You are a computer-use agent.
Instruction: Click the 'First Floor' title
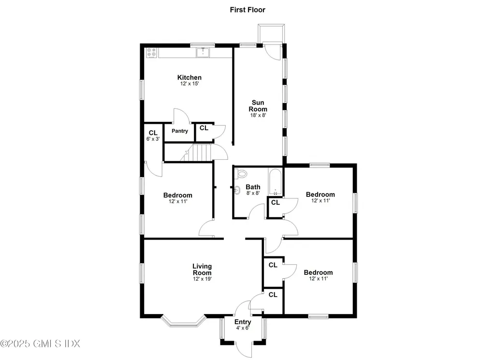point(247,10)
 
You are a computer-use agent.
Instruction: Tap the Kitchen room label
point(189,77)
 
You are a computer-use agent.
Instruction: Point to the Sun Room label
point(259,105)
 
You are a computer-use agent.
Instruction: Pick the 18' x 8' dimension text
point(259,116)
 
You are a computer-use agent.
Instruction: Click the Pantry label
point(179,131)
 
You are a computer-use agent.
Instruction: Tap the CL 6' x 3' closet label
point(153,135)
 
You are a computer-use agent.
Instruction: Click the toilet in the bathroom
point(241,173)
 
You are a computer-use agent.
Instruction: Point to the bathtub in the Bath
point(275,182)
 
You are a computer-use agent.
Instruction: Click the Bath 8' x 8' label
point(253,190)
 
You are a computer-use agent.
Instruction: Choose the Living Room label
point(202,269)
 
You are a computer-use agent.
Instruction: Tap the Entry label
point(243,322)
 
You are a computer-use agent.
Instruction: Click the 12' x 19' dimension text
point(202,279)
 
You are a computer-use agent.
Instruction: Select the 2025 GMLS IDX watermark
point(40,344)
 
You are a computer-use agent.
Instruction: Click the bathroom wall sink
point(237,191)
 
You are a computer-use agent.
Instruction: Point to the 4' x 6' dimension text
point(243,329)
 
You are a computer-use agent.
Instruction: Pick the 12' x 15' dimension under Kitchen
point(189,84)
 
